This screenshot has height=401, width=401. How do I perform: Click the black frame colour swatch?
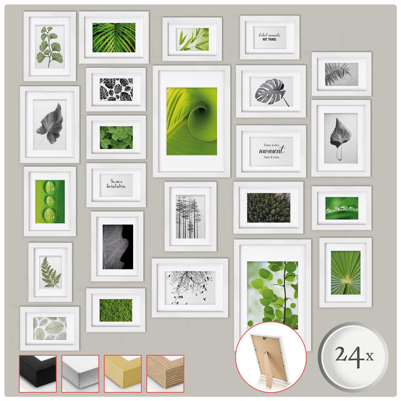38,374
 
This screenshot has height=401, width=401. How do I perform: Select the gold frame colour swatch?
123,374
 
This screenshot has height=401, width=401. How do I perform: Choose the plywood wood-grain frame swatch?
165,374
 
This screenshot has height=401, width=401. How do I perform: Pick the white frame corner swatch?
80,374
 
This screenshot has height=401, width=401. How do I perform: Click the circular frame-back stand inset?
271,356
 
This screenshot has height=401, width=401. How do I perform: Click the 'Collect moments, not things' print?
270,37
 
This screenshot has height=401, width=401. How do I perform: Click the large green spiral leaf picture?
192,121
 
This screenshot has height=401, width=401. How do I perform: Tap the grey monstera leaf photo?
271,91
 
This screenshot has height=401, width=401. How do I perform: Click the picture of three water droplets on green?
50,201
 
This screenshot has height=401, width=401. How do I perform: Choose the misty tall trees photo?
190,216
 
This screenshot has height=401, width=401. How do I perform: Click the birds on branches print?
190,287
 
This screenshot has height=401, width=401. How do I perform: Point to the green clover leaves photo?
116,137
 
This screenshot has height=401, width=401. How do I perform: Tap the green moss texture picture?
116,310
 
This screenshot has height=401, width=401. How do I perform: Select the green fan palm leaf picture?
345,272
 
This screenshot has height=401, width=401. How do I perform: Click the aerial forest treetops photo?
268,207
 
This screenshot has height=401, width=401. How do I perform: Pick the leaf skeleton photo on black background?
118,246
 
